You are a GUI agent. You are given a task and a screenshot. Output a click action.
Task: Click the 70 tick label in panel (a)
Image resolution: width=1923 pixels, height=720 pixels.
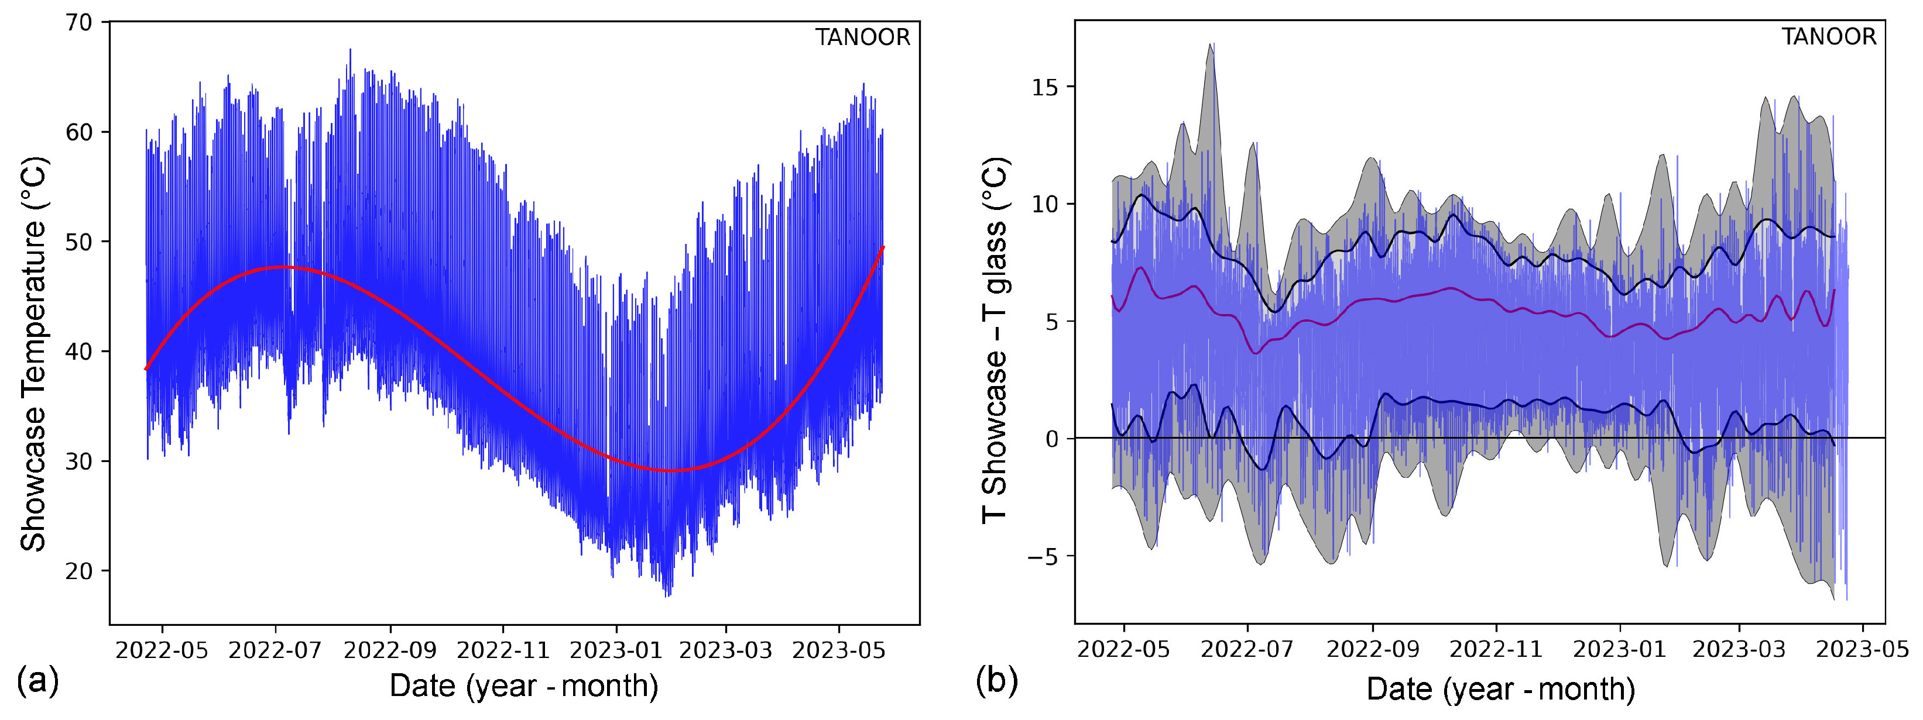tap(79, 23)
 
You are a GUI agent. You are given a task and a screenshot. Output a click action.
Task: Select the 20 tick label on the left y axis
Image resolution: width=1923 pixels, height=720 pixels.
tap(79, 571)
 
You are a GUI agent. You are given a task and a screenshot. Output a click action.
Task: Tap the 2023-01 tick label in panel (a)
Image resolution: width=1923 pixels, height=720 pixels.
tap(616, 650)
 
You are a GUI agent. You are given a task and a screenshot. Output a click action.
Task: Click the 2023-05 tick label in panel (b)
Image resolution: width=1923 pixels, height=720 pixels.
tap(1862, 649)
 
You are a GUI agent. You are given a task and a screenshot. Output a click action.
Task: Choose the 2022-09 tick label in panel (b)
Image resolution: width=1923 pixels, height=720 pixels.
tap(1372, 649)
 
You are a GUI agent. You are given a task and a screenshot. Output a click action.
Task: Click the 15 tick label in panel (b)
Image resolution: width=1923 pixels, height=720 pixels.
tap(1045, 87)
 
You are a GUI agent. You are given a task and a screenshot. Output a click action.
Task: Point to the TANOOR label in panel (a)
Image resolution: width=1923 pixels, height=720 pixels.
tap(862, 38)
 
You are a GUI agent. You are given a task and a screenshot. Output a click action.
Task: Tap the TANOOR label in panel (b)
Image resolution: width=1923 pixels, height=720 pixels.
tap(1828, 37)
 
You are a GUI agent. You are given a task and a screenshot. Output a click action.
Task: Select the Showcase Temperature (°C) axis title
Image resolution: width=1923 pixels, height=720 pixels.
tap(33, 354)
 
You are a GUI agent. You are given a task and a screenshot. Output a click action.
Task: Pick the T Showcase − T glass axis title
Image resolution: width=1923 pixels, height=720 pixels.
tap(995, 341)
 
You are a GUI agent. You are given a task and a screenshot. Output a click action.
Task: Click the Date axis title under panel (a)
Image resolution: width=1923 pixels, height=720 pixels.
tap(523, 685)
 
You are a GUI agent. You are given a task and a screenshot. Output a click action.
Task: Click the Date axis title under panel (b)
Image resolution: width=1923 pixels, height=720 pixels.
tap(1500, 688)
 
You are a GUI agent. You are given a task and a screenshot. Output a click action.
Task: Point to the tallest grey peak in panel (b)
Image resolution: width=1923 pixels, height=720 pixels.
tap(1211, 45)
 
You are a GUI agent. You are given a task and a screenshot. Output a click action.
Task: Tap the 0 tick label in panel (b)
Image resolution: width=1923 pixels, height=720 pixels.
tap(1052, 439)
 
